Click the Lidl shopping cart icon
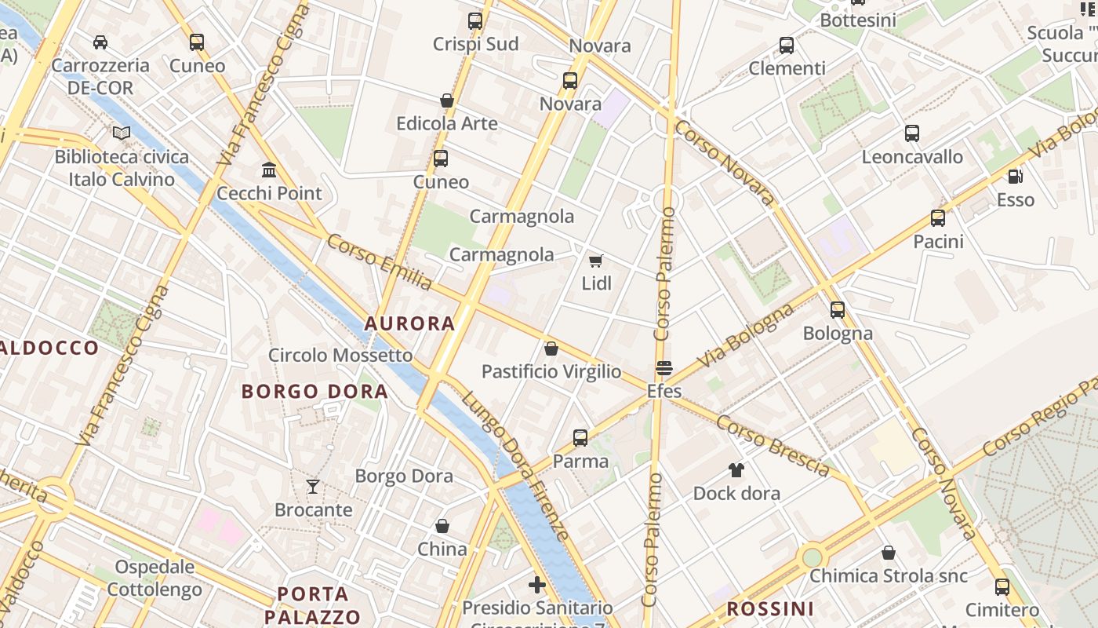596,261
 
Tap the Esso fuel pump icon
1015,177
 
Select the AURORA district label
409,323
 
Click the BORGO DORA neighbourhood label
314,391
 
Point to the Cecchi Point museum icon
269,170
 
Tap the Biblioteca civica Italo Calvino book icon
121,133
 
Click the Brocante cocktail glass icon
313,487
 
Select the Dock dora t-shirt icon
736,470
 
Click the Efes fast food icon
664,368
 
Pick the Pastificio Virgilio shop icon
551,349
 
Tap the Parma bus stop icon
580,438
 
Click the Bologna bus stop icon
838,310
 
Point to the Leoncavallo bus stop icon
911,133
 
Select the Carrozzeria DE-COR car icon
100,42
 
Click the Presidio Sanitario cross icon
537,585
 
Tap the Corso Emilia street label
380,262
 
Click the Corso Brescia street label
773,446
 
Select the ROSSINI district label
770,609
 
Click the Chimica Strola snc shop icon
889,553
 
